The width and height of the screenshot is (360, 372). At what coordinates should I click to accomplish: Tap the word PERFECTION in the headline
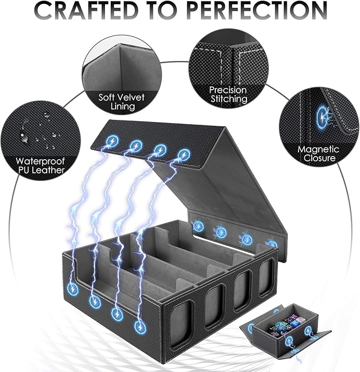pos(257,10)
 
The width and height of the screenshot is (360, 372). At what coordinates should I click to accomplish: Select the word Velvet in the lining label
pos(132,97)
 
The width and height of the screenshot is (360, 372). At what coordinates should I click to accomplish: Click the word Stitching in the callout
pos(229,99)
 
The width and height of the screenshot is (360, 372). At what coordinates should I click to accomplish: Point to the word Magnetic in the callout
pos(318,149)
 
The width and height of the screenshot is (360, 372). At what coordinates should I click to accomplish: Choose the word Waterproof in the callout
pos(40,161)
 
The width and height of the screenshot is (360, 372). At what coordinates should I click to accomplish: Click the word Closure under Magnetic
pos(319,158)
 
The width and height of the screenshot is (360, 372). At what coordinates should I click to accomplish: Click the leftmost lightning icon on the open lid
pos(112,141)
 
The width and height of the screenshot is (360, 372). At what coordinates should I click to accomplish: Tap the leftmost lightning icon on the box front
pos(73,289)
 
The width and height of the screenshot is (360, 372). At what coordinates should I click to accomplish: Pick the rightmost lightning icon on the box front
pos(141,327)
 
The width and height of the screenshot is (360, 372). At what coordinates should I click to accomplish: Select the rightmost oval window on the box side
pos(266,278)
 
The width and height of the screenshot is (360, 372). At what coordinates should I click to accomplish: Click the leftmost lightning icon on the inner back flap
pos(198,226)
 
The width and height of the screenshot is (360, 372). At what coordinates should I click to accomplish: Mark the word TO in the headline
pos(163,10)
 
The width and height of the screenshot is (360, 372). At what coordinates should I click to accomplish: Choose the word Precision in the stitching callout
pos(228,90)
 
